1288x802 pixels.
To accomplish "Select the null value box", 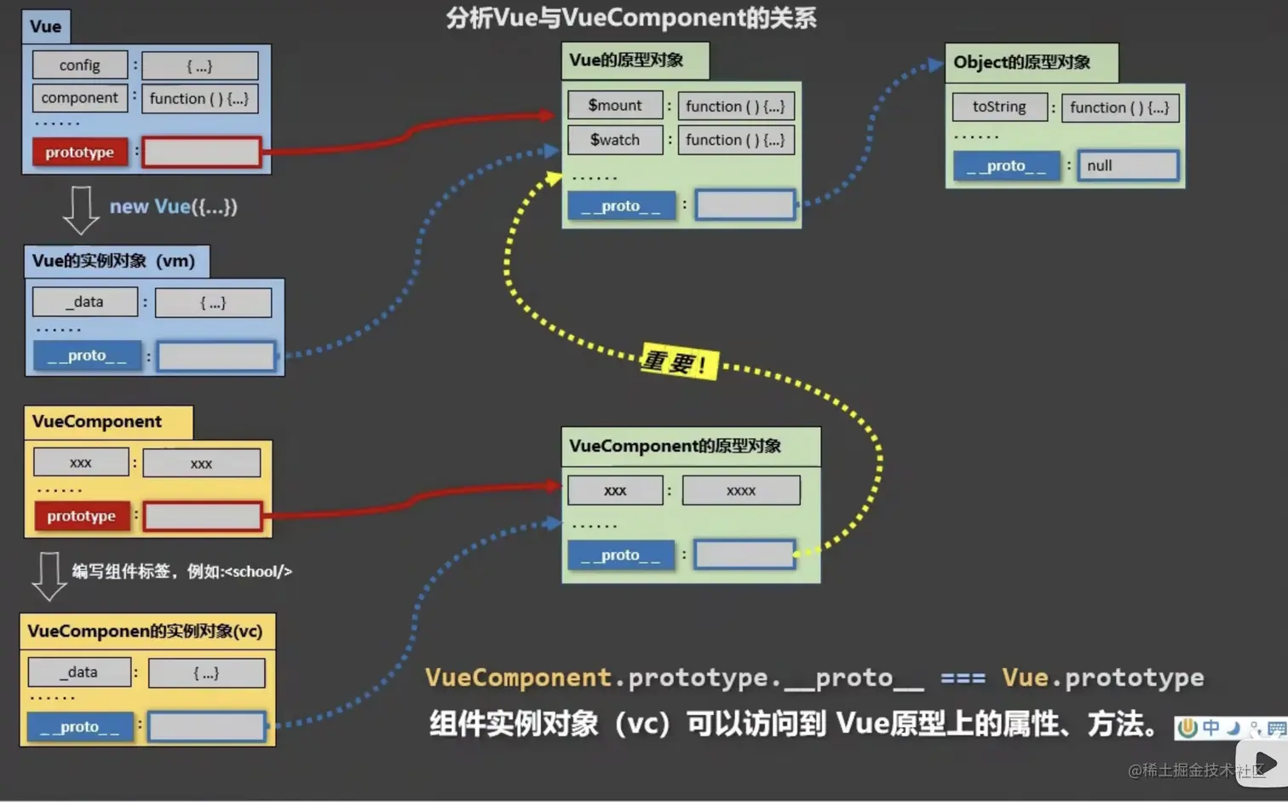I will [1128, 165].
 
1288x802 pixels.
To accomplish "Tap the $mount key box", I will [615, 106].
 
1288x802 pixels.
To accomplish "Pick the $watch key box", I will [615, 140].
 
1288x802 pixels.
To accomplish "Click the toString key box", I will [999, 107].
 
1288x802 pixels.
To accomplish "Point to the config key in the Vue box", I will [80, 66].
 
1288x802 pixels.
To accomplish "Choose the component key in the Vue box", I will [80, 98].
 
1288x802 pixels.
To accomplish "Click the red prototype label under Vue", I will [80, 152].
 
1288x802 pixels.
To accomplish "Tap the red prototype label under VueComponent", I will [82, 516].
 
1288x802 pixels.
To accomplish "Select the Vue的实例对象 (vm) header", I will [114, 261].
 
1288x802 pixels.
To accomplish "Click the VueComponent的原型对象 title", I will [676, 446].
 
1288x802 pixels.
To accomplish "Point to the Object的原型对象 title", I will [1022, 62].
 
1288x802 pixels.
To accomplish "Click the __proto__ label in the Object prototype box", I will [1006, 165].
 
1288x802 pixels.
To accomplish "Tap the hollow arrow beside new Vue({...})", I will [81, 209].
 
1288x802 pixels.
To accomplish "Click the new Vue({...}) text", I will [174, 206].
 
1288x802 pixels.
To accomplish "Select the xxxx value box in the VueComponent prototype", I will [741, 491].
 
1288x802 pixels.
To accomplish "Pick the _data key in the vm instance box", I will [85, 302].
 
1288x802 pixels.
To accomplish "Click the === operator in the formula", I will [963, 678].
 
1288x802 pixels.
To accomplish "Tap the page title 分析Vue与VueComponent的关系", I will [631, 18].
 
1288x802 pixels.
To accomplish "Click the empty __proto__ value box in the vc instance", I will [207, 726].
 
